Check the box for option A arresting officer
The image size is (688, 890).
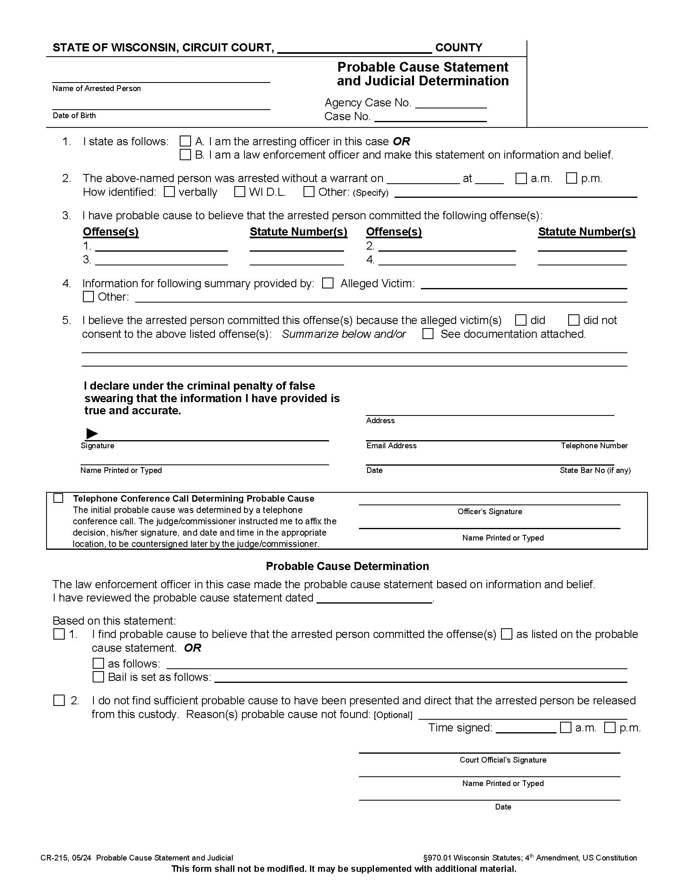coord(185,142)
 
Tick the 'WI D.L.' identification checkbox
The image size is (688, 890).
coord(240,191)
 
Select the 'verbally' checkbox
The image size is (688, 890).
coord(169,191)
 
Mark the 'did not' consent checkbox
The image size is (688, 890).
coord(574,320)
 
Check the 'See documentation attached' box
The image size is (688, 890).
coord(428,334)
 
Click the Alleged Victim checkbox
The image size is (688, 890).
coord(328,283)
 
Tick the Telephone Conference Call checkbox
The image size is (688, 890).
coord(59,498)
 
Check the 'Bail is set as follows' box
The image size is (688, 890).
coord(98,677)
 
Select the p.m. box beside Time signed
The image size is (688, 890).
coord(610,727)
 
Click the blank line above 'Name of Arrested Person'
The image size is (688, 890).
coord(161,80)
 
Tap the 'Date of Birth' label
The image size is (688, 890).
coord(74,116)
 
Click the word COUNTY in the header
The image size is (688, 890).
coord(459,48)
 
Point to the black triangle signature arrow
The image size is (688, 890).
coord(92,434)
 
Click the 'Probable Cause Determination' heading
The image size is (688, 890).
coord(347,566)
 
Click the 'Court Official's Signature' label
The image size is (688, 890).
coord(503,760)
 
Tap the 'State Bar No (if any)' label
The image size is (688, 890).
coord(595,470)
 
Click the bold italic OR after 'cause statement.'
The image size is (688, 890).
coord(192,648)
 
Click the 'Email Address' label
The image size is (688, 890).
coord(391,446)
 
